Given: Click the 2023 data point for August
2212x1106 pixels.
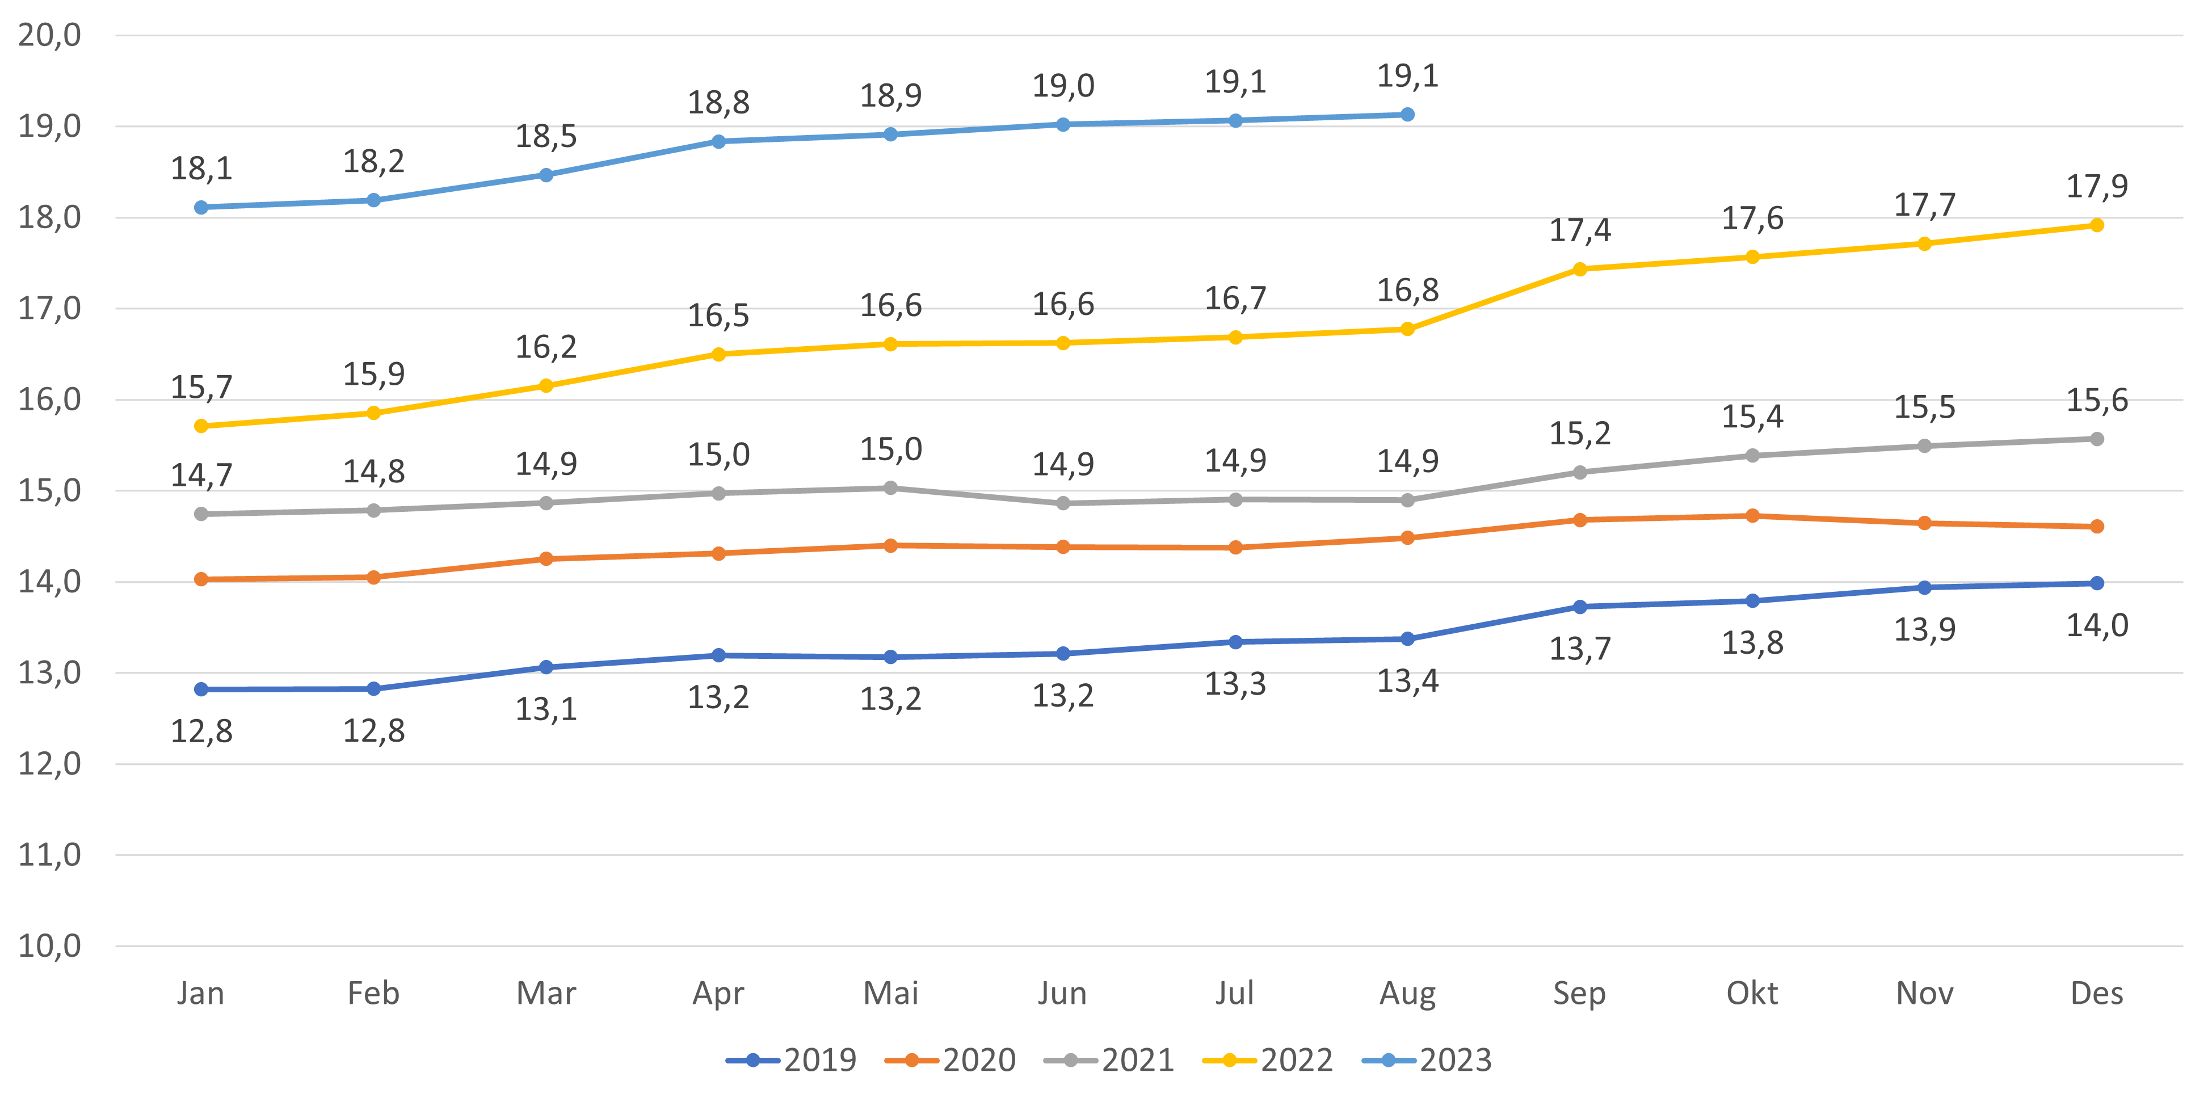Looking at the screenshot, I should pos(1407,114).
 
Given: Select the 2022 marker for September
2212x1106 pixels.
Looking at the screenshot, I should pos(1580,269).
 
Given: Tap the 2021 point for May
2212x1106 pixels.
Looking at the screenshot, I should pos(890,487).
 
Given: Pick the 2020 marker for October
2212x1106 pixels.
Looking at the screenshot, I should pos(1752,516).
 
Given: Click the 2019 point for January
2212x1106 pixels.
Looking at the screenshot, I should pos(201,689).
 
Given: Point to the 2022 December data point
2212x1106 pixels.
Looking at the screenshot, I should pos(2097,225).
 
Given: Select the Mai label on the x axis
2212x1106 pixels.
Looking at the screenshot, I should pos(890,994).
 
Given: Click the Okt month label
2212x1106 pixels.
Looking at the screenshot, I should pos(1752,994).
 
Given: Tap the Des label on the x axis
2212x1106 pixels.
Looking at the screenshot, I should pos(2097,994).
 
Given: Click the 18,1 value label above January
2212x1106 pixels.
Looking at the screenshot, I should pos(201,169).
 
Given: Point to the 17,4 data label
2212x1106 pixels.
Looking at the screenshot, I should pos(1580,231).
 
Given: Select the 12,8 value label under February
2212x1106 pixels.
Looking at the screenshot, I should pos(373,731).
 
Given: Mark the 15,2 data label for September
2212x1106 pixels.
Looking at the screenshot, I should pos(1580,434).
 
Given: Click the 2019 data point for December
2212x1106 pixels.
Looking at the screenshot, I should pos(2097,583).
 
